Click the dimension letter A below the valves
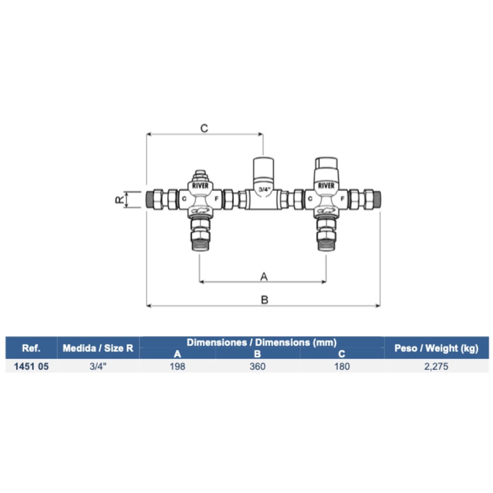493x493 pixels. [x=264, y=276]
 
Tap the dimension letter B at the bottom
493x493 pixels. [x=265, y=299]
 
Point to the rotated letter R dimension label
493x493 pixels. [x=119, y=199]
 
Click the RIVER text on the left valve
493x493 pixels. [x=200, y=186]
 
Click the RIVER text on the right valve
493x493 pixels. [x=326, y=186]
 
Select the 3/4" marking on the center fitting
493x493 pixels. [x=264, y=189]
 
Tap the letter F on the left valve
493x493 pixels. [x=217, y=198]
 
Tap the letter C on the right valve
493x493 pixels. [x=310, y=198]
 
